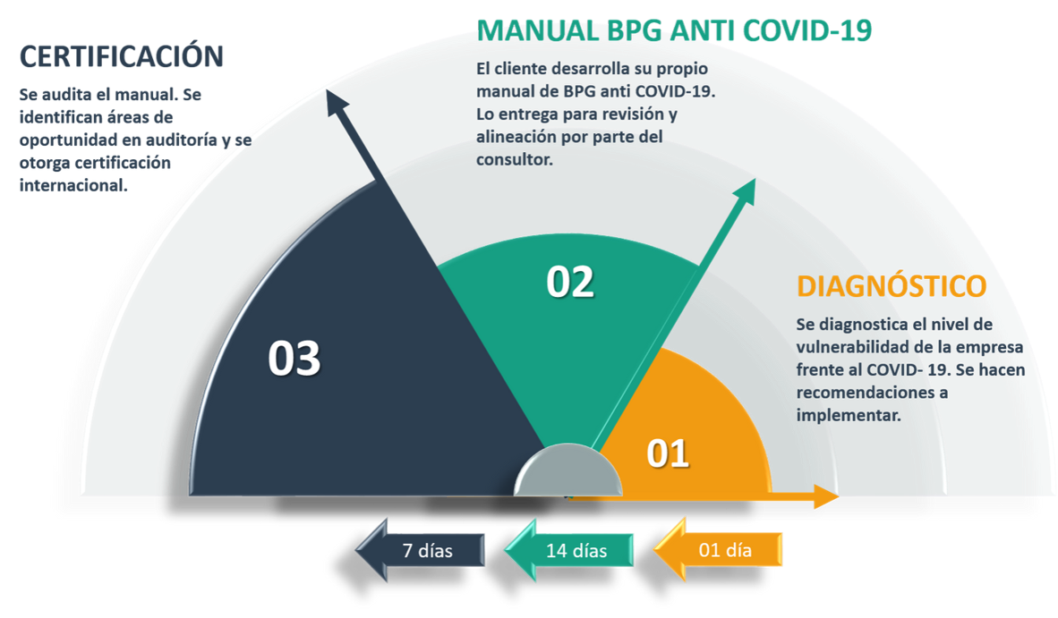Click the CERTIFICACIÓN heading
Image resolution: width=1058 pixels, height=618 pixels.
point(122,56)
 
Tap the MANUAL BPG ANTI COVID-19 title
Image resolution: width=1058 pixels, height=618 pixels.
point(675,30)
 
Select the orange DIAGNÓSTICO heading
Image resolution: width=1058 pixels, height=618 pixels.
point(892,286)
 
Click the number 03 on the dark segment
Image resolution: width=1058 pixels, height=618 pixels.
point(294,360)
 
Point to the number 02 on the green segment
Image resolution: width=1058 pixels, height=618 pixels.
point(570,283)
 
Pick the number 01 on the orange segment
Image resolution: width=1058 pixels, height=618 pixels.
point(668,453)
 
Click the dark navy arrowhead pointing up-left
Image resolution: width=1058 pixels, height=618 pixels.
point(337,101)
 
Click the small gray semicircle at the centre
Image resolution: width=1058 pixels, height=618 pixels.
point(568,471)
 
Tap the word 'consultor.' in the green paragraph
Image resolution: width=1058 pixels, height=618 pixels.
point(515,160)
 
